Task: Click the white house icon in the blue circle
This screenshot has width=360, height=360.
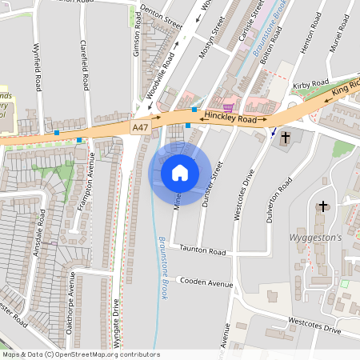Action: pos(180,172)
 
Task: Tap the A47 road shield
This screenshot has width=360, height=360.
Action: pos(141,126)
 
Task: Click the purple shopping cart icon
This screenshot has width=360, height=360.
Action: pos(228,106)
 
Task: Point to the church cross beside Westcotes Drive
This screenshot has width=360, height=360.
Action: pos(286,138)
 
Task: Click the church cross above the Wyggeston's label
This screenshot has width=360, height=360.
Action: pos(323,206)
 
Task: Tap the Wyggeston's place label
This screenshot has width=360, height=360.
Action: pos(314,238)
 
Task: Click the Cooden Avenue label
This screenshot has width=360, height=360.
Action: pos(206,282)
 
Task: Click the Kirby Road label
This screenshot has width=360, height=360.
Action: pos(311,84)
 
